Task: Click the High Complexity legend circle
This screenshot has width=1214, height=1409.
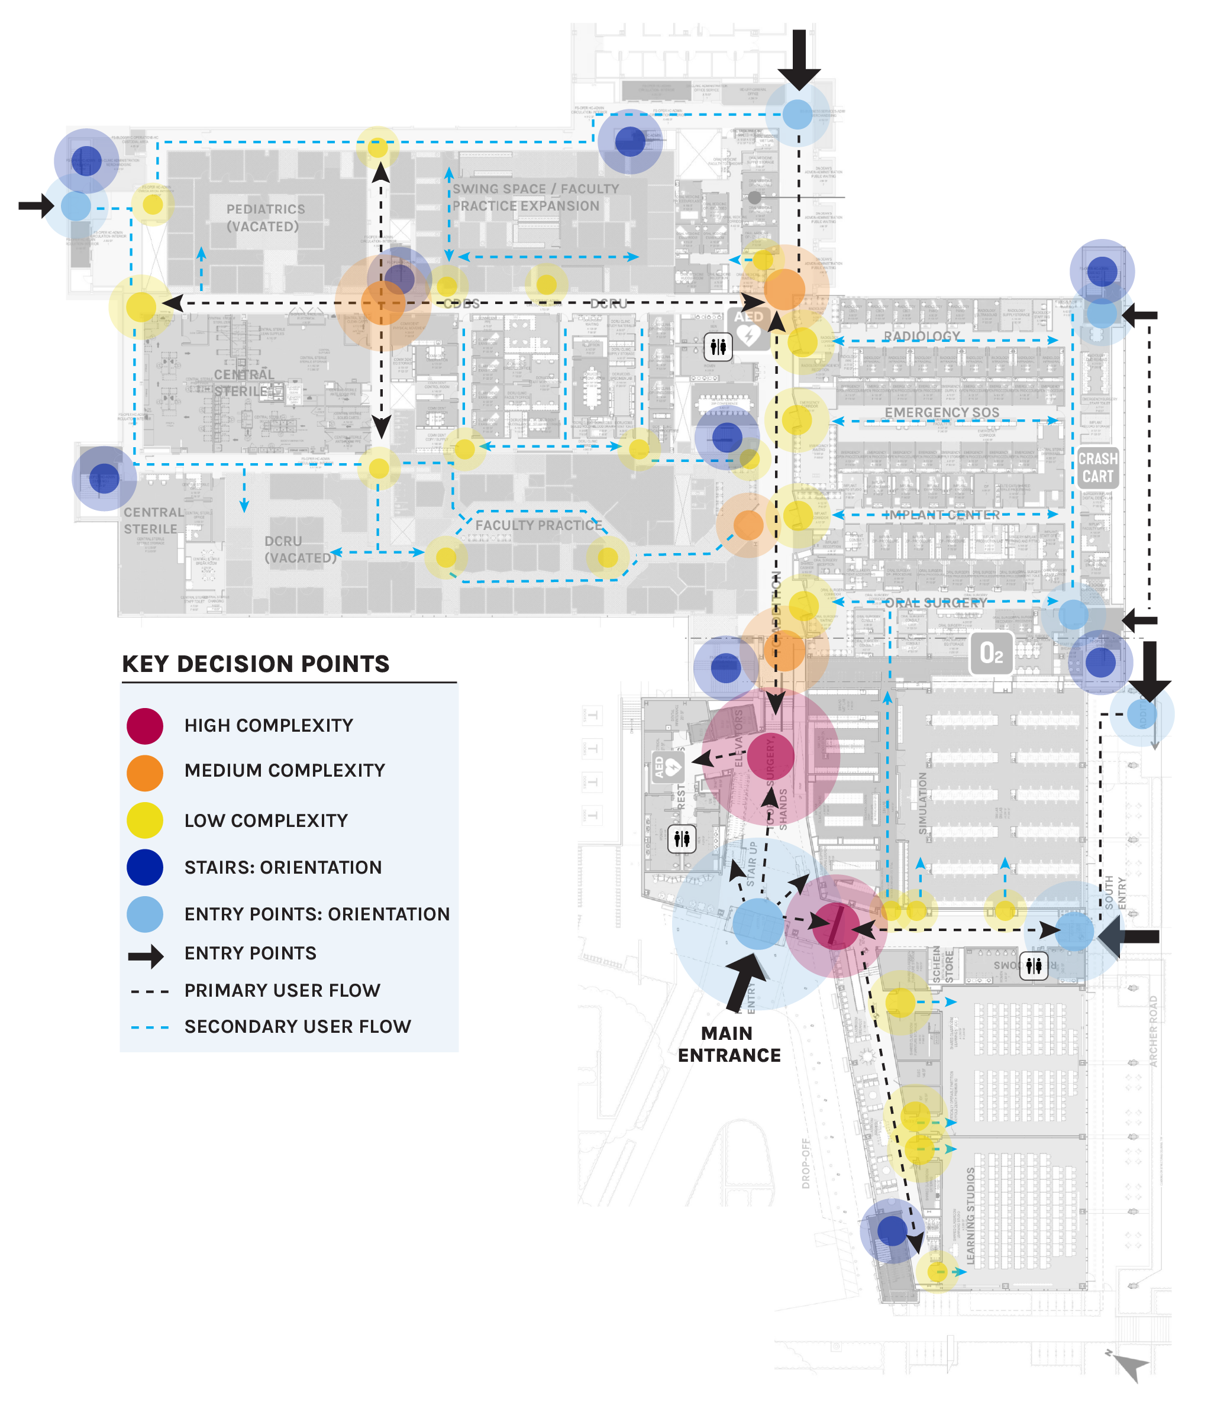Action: [x=145, y=726]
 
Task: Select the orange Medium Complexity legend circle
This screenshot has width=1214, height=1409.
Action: [x=145, y=773]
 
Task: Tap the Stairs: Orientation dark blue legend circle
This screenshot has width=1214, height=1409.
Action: [x=145, y=867]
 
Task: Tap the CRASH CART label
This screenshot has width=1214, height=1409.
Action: [x=1097, y=467]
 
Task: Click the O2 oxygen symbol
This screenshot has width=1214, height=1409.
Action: [x=991, y=654]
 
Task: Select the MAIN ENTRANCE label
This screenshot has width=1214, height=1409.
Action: [x=729, y=1044]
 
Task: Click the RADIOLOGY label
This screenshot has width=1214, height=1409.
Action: [x=922, y=336]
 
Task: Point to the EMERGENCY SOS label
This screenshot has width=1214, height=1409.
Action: [x=942, y=412]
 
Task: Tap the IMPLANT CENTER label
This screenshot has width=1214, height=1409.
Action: [x=942, y=515]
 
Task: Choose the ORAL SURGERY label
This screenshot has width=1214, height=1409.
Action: [x=936, y=603]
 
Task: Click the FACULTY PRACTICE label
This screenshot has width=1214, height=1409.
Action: [x=538, y=525]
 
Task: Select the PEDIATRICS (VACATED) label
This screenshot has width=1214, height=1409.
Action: [x=265, y=218]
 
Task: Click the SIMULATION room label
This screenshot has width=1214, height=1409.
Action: [x=923, y=803]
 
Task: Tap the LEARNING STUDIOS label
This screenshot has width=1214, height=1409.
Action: [x=970, y=1217]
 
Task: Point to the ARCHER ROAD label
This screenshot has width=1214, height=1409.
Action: [x=1154, y=1031]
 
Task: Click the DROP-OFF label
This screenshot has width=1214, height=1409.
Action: [x=806, y=1164]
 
